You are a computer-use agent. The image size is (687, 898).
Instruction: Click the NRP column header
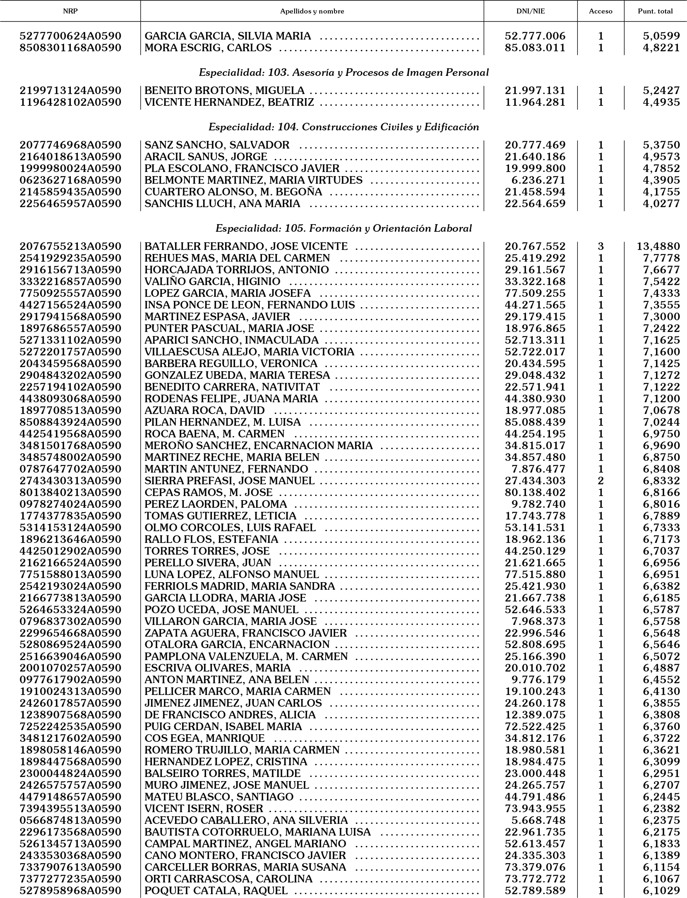pyautogui.click(x=70, y=11)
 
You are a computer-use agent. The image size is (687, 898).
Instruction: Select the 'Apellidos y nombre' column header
pyautogui.click(x=312, y=11)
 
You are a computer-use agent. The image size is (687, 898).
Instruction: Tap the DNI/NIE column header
pyautogui.click(x=530, y=11)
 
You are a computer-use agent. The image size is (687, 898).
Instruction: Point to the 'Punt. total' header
pyautogui.click(x=655, y=11)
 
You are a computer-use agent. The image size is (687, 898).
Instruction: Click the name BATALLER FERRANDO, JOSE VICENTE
pyautogui.click(x=246, y=246)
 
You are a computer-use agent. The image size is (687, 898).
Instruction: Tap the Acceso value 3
pyautogui.click(x=600, y=246)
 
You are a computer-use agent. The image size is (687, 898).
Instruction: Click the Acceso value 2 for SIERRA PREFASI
pyautogui.click(x=600, y=481)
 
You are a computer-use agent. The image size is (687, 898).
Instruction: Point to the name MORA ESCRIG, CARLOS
pyautogui.click(x=208, y=48)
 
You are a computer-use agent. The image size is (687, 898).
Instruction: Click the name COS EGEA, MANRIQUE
pyautogui.click(x=205, y=738)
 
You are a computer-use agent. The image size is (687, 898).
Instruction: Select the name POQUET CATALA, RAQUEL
pyautogui.click(x=216, y=891)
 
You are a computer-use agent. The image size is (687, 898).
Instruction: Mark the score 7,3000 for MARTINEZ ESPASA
pyautogui.click(x=661, y=317)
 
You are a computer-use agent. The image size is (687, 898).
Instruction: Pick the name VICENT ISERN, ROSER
pyautogui.click(x=204, y=808)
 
